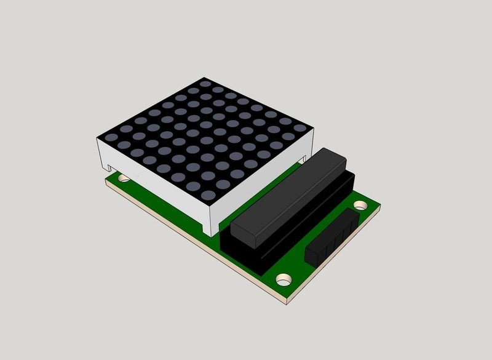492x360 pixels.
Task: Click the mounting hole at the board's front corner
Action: pos(284,279)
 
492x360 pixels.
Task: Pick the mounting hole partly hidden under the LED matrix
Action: pos(124,178)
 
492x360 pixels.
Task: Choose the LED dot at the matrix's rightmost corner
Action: pos(299,129)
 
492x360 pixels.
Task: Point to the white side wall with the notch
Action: pos(154,185)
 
